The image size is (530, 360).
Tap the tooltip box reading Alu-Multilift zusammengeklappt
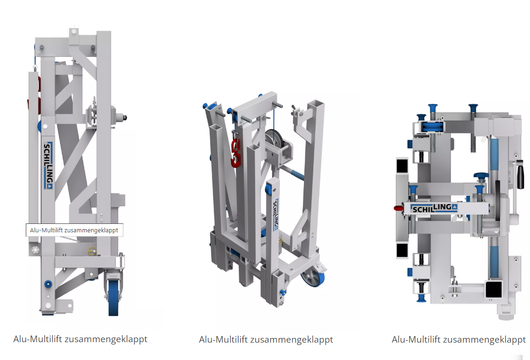click(x=75, y=230)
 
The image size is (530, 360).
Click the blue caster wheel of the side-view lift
click(x=114, y=298)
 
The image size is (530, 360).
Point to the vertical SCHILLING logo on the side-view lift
click(x=48, y=166)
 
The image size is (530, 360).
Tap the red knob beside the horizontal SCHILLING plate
click(x=399, y=208)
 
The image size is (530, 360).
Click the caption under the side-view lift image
click(x=80, y=339)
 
